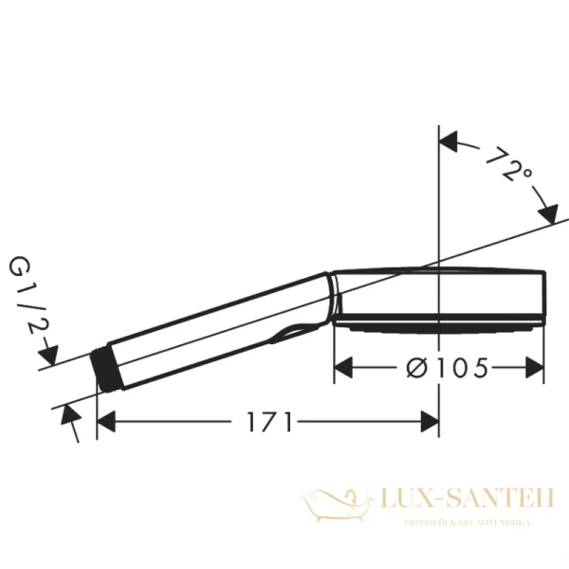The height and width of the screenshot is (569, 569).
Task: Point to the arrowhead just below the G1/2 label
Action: coord(52,358)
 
